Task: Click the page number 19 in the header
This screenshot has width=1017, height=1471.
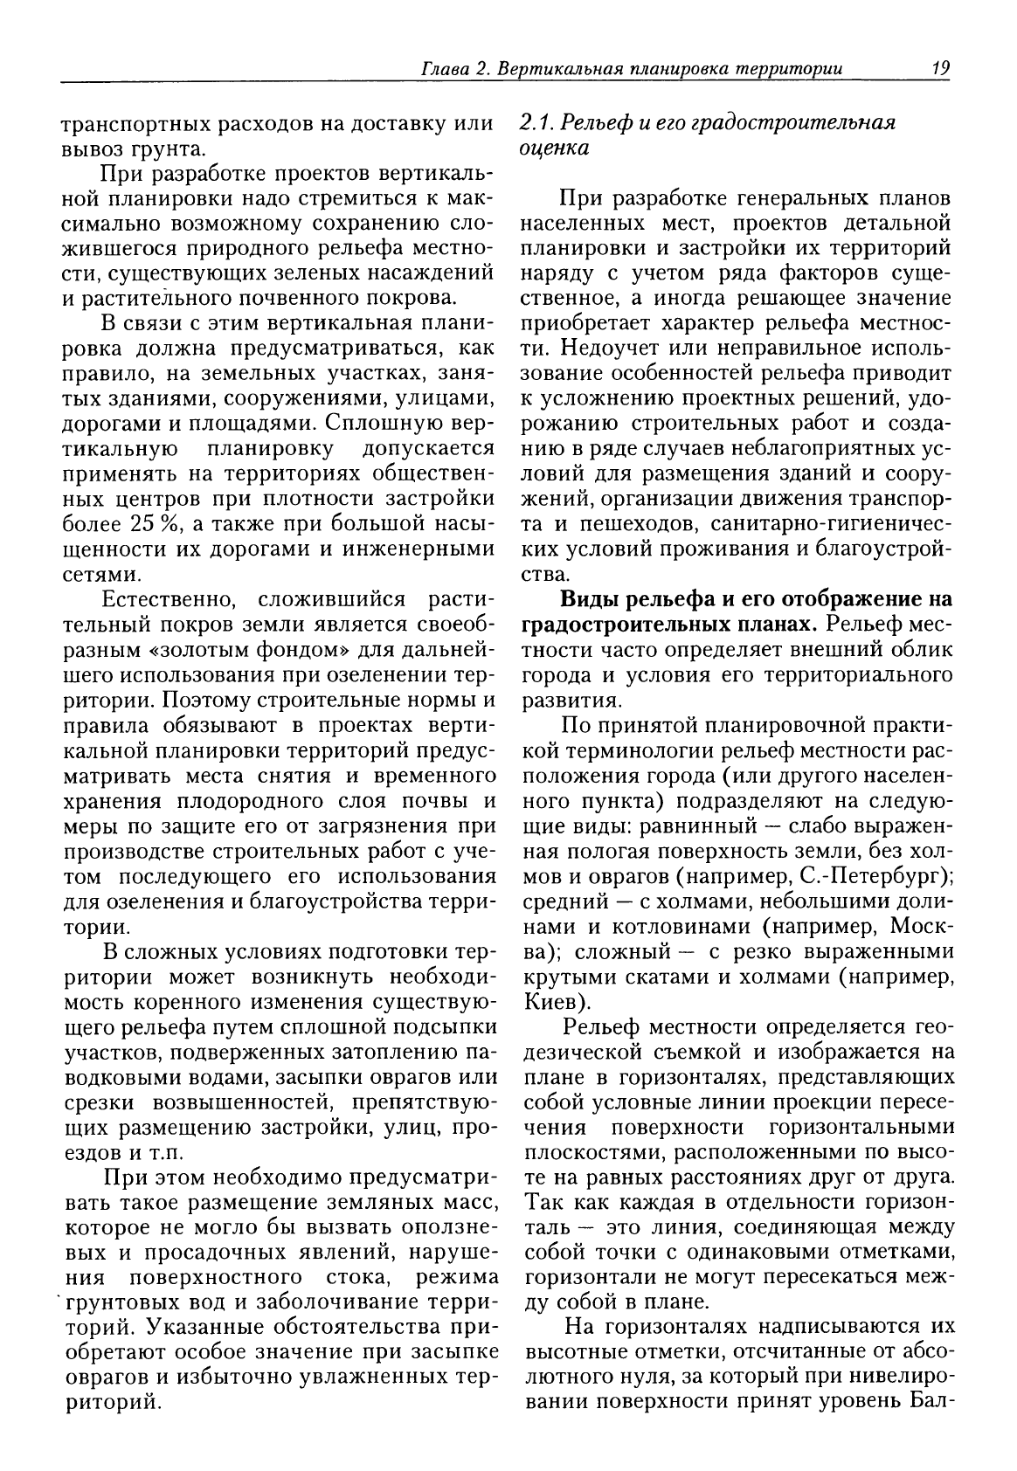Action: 941,67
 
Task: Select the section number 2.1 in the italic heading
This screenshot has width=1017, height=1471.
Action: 534,122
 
